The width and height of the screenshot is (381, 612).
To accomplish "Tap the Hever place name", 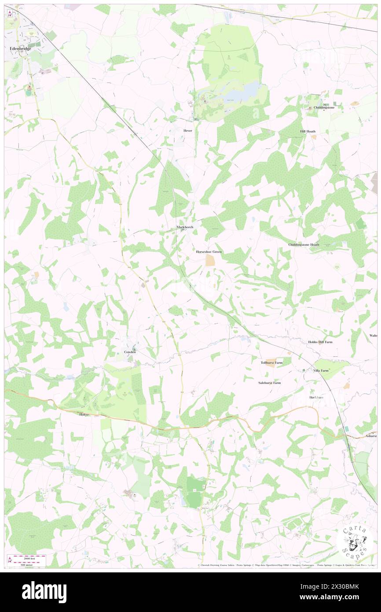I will click(x=188, y=131).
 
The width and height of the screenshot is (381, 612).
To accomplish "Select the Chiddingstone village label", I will click(x=324, y=107).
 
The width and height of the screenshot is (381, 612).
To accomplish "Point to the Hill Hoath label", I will click(x=308, y=132).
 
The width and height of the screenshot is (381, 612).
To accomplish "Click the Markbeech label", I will click(x=185, y=227).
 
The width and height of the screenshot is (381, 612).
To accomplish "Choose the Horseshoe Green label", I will click(x=209, y=252).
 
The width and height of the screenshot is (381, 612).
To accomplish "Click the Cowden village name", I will click(x=129, y=352).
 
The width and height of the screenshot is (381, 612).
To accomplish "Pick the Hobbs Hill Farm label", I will click(x=320, y=342).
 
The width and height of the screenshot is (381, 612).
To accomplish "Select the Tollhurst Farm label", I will click(x=271, y=362).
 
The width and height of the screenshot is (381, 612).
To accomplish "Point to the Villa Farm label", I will click(x=321, y=371).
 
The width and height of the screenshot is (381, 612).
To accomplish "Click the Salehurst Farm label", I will click(x=269, y=383).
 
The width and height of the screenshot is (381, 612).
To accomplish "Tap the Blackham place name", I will click(x=316, y=397).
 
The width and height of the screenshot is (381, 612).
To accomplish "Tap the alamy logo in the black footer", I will click(x=44, y=592).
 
